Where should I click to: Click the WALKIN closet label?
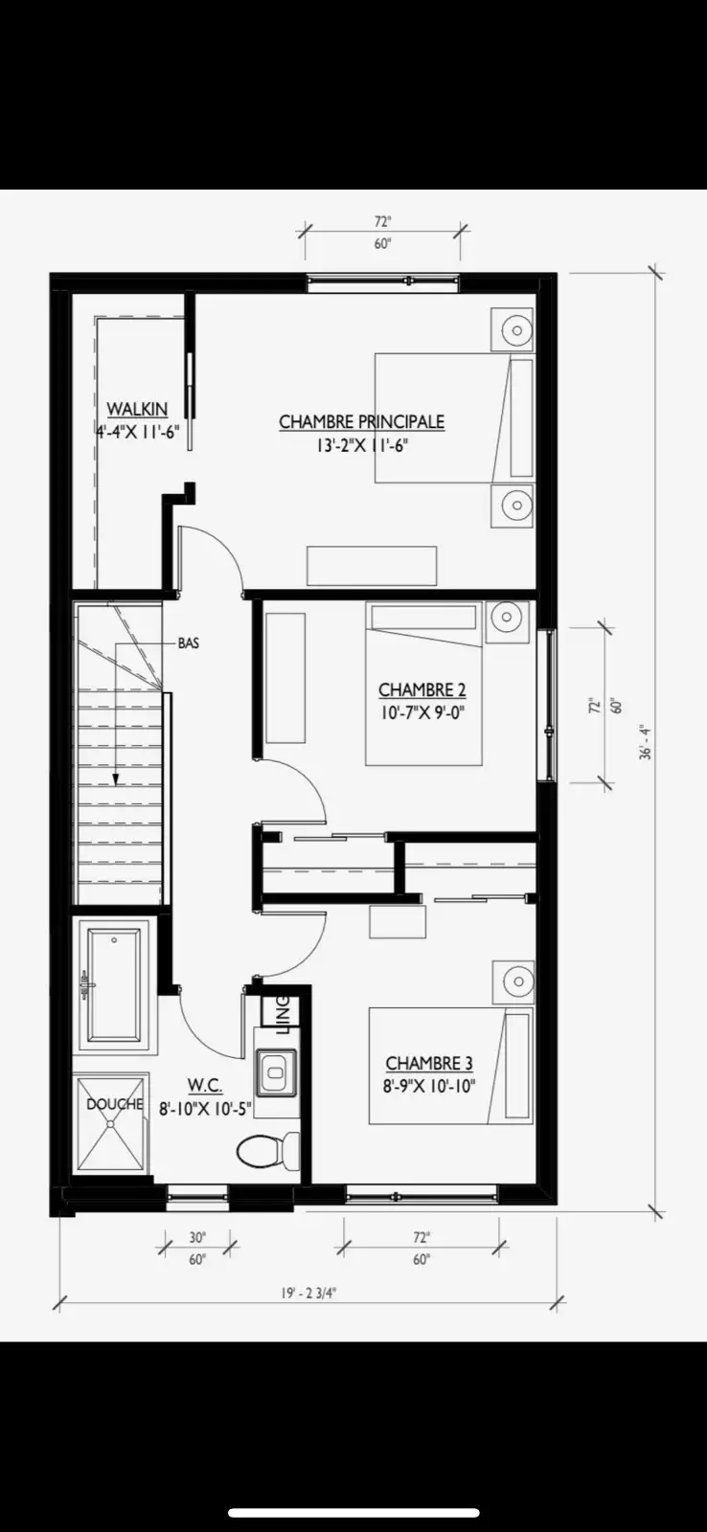tap(137, 409)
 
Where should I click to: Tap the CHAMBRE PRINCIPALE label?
tap(361, 421)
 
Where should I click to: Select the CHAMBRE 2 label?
tap(422, 689)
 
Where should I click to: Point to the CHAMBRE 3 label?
tap(429, 1063)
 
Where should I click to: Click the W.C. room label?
tap(205, 1085)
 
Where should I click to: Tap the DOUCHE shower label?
tap(115, 1104)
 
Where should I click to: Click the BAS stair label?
tap(188, 642)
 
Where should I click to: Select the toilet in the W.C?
tap(267, 1151)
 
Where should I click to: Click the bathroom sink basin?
tap(277, 1072)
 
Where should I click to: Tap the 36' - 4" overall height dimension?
tap(646, 743)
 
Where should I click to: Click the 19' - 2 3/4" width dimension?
tap(309, 1294)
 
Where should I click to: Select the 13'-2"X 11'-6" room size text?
tap(362, 446)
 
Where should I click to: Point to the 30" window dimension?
tap(197, 1237)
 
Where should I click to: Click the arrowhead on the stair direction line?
tap(116, 779)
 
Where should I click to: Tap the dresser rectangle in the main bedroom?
tap(372, 566)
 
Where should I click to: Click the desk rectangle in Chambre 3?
tap(398, 920)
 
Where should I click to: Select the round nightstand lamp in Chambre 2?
tap(507, 618)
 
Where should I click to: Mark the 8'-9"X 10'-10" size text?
tap(429, 1086)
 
